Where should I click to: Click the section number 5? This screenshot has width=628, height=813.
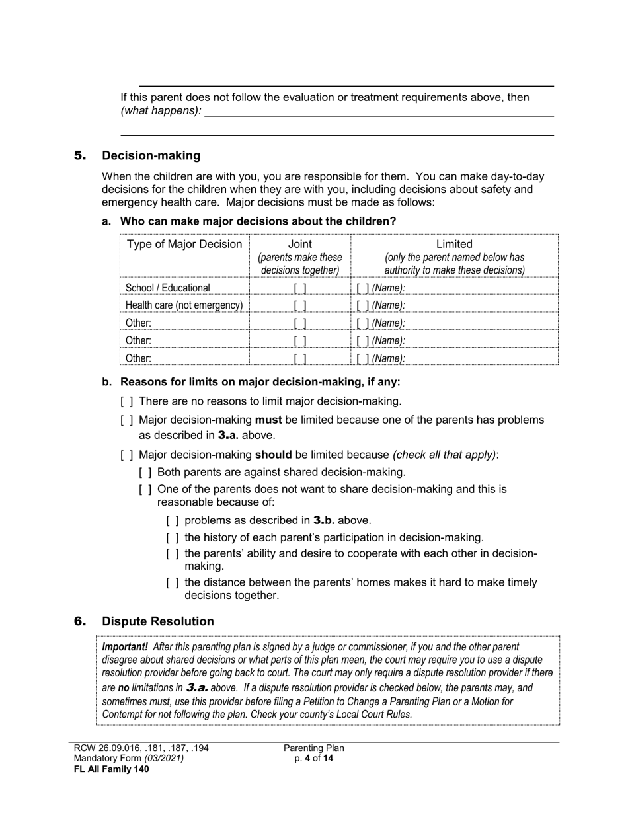click(x=80, y=156)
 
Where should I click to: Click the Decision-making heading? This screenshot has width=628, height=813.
click(x=151, y=156)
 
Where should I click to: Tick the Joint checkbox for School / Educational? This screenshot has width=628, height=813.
click(x=300, y=288)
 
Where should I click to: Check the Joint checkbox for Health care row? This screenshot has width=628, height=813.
click(x=300, y=305)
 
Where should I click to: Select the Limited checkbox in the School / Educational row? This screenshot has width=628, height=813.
click(x=362, y=288)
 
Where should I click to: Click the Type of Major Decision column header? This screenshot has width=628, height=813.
click(x=184, y=245)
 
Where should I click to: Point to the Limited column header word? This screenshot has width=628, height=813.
click(x=454, y=245)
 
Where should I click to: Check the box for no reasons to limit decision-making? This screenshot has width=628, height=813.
click(x=127, y=401)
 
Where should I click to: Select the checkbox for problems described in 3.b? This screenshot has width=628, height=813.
click(x=173, y=521)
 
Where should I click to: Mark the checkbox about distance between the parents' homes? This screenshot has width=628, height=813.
click(x=173, y=583)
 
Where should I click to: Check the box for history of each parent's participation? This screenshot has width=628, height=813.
click(x=173, y=538)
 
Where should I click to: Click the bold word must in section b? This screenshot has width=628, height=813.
click(x=268, y=420)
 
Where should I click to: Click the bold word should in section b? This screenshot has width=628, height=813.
click(x=274, y=455)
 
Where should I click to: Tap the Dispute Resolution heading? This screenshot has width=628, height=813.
click(x=157, y=621)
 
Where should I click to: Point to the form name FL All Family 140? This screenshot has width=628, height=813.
click(x=106, y=769)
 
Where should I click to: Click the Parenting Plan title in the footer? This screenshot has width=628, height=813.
click(x=314, y=748)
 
